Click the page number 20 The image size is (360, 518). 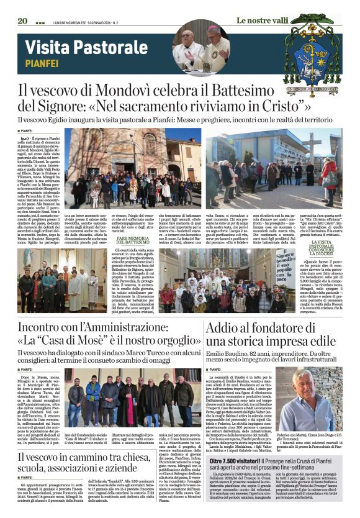(x=23, y=21)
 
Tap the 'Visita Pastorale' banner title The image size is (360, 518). (x=78, y=47)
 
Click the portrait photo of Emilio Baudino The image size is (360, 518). (x=315, y=398)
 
